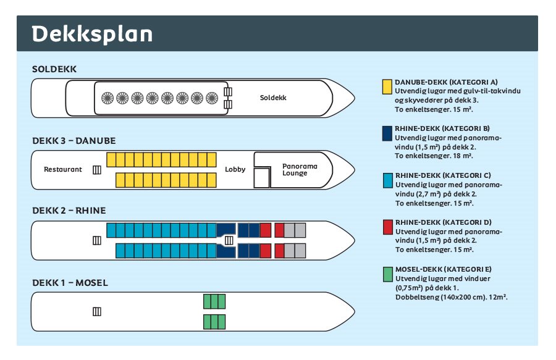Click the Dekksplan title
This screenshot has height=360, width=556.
(92, 35)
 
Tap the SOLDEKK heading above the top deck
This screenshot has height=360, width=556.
(54, 69)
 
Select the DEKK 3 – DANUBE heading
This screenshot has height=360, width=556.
(74, 141)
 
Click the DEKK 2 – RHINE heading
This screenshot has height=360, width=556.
(69, 211)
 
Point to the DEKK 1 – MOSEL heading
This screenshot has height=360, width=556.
(70, 283)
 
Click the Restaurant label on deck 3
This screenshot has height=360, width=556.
(63, 169)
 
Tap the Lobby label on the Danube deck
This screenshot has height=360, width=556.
(235, 169)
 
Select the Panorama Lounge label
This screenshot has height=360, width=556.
(300, 169)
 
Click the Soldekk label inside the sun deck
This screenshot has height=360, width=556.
(273, 98)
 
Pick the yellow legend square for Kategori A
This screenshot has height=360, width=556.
(387, 87)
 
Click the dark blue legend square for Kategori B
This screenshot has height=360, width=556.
(387, 133)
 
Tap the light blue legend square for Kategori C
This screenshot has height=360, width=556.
(388, 180)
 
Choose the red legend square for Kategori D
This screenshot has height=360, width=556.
(388, 227)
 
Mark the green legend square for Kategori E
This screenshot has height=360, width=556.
(388, 275)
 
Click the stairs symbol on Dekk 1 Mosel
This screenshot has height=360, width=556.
(97, 312)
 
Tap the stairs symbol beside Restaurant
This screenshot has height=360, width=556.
(97, 170)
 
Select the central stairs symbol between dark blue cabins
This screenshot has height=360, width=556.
(229, 241)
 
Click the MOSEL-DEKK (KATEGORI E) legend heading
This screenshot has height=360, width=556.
(444, 269)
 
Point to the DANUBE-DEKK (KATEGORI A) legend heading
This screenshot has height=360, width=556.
(446, 82)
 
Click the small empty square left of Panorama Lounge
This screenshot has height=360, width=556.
(262, 177)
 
